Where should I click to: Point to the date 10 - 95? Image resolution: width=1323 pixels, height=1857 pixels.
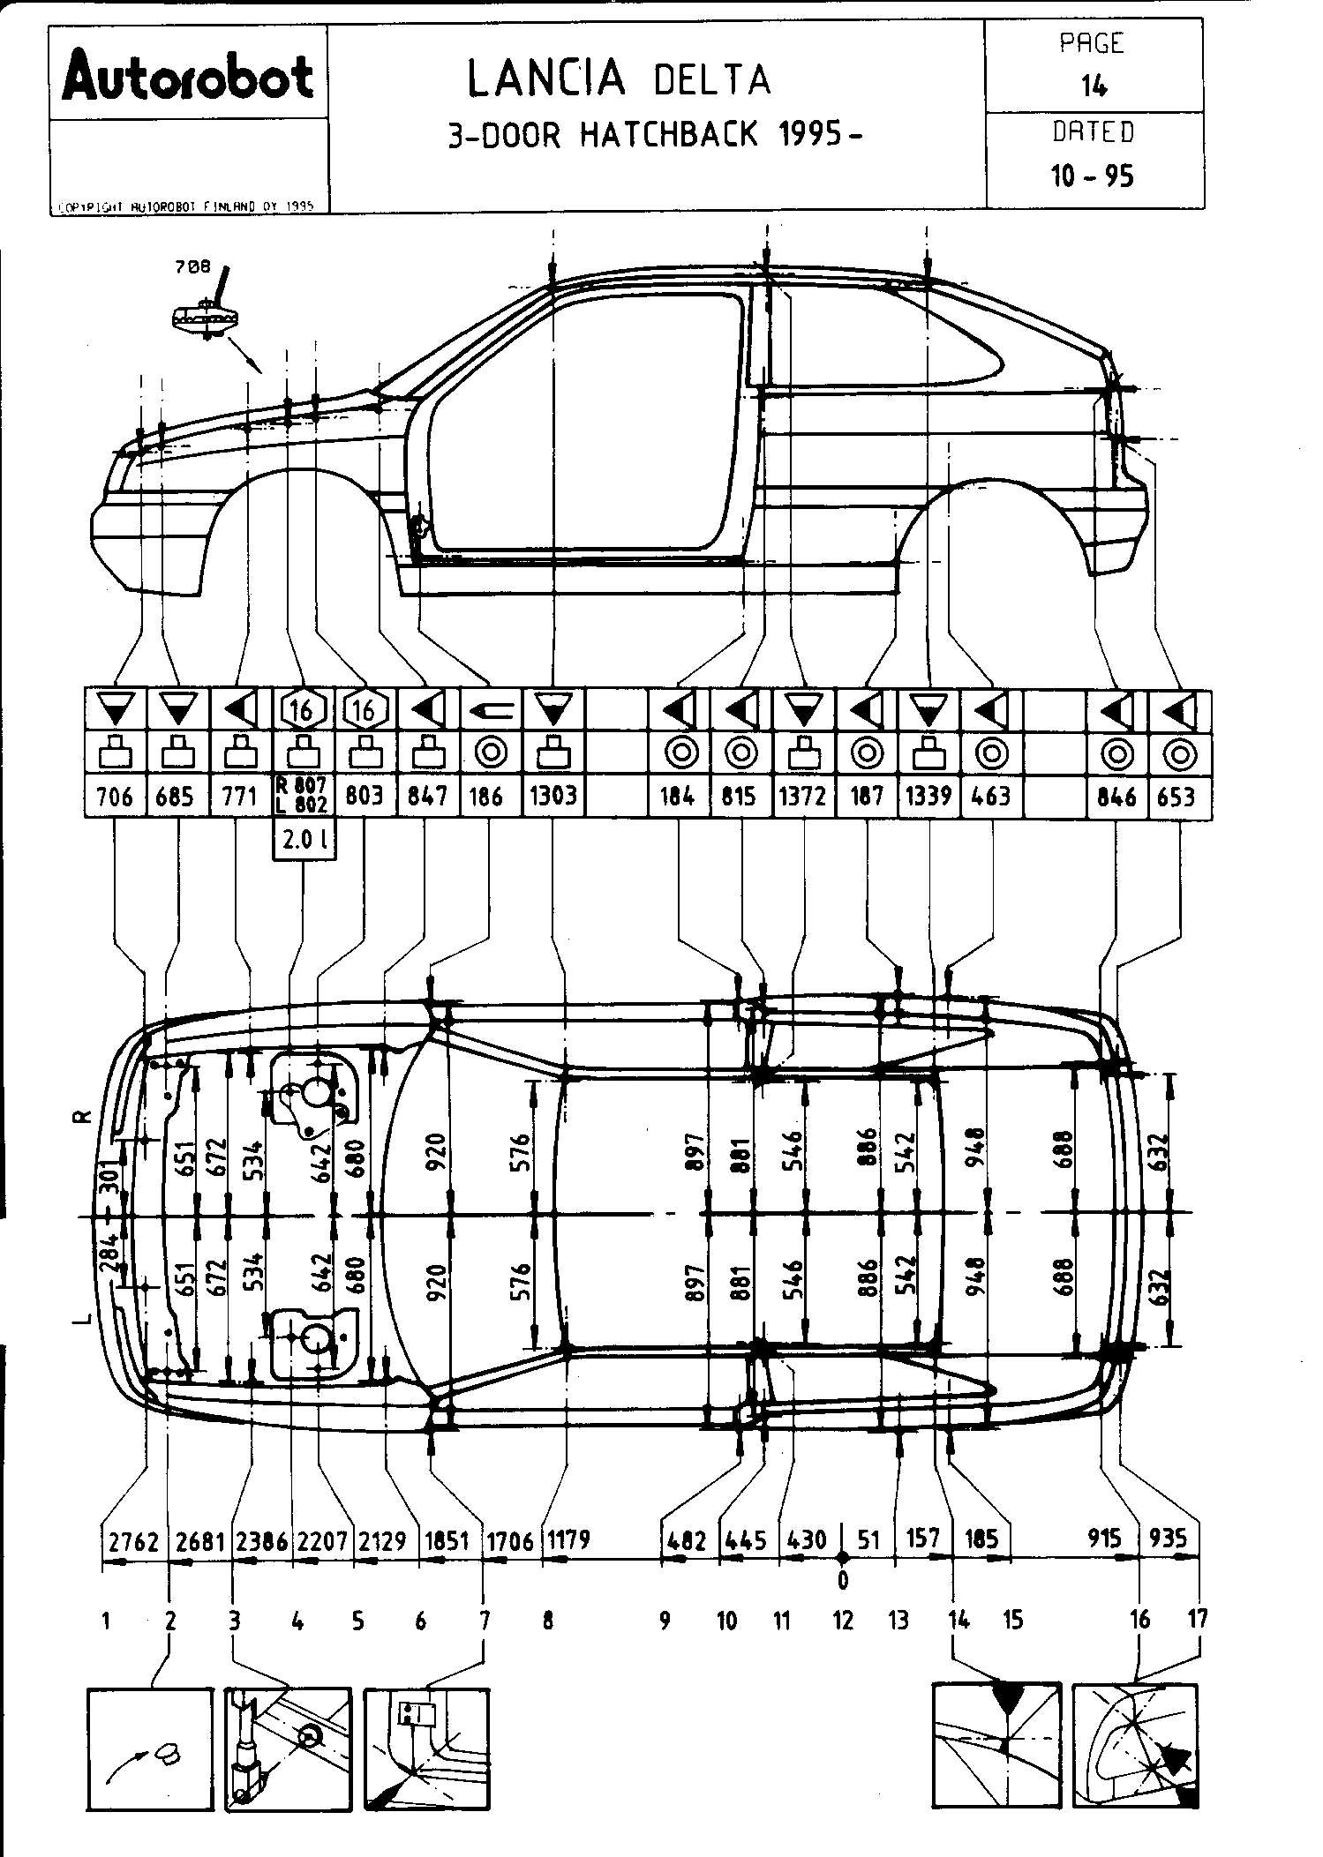(x=1092, y=176)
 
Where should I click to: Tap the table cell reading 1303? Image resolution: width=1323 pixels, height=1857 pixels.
(x=553, y=797)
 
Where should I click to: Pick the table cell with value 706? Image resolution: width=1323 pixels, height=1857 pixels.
(x=115, y=797)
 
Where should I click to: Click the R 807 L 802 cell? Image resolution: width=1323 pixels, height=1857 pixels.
(x=302, y=795)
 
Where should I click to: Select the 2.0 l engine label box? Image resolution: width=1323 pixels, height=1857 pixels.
(x=303, y=841)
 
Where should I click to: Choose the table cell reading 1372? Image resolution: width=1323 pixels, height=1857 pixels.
(x=803, y=797)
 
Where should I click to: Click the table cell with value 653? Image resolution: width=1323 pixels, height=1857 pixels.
(x=1176, y=797)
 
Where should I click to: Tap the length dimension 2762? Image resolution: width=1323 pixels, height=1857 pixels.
(x=133, y=1540)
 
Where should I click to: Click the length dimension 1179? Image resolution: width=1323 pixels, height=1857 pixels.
(x=568, y=1540)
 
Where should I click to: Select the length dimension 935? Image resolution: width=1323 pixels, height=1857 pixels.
(x=1169, y=1539)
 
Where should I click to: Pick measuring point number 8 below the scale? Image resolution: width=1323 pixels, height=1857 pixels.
(x=548, y=1620)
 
